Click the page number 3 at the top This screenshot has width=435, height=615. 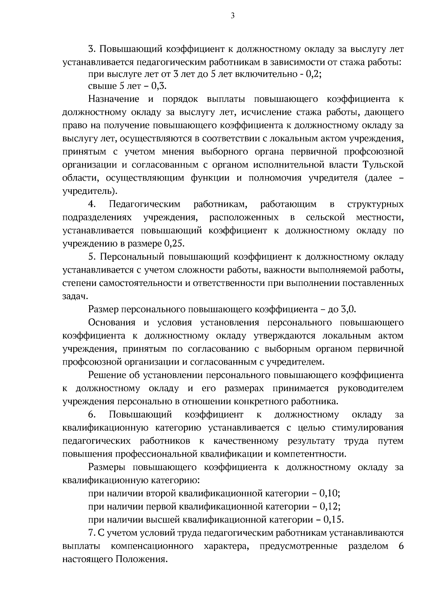coord(233,15)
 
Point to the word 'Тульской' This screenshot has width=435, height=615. coord(383,165)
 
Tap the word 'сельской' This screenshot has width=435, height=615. coord(325,218)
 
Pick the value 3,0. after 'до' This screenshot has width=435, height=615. coord(348,310)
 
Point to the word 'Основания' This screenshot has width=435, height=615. coord(112,323)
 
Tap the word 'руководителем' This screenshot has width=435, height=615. coord(370,389)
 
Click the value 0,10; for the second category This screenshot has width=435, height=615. coord(331,494)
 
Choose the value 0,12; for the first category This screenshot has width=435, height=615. coord(331,507)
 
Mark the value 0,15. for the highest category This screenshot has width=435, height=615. coord(333,520)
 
